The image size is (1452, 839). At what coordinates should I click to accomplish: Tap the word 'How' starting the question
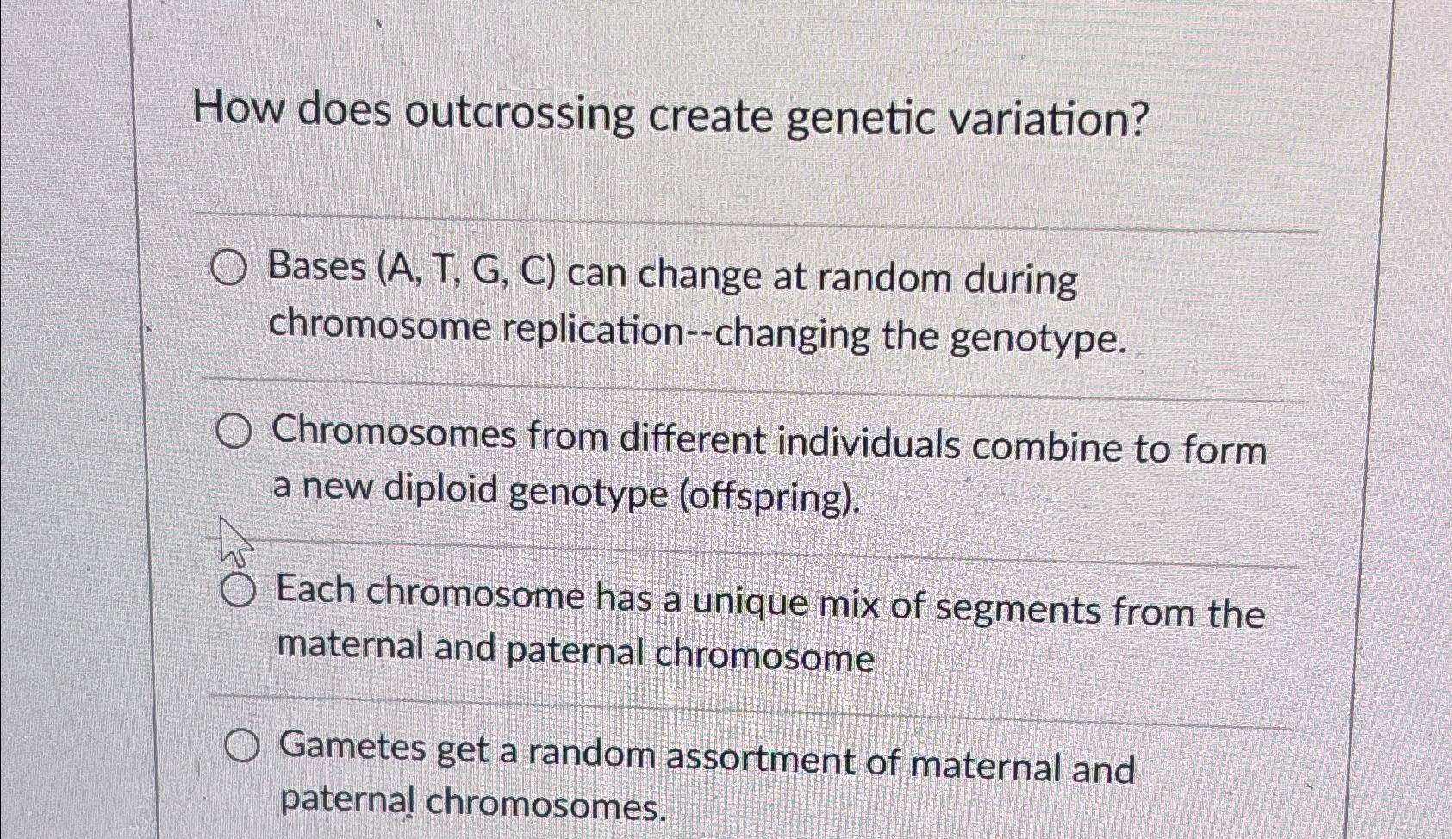237,110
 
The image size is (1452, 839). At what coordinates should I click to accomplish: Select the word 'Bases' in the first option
317,268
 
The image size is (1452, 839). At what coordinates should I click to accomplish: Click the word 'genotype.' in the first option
1038,339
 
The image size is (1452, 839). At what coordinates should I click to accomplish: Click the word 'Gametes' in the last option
354,748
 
